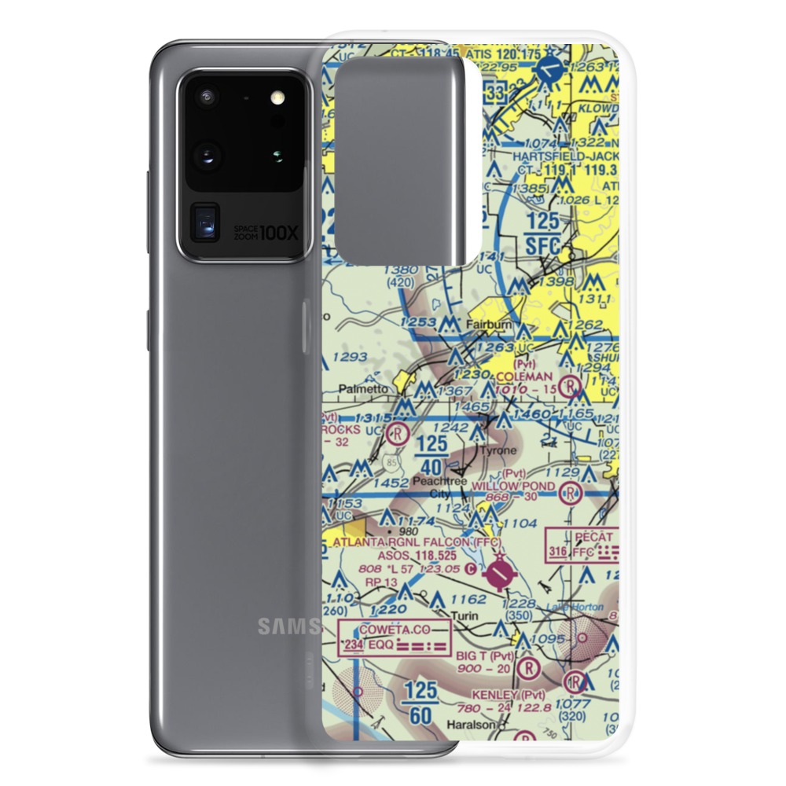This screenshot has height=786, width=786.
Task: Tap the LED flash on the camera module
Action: pyautogui.click(x=276, y=97)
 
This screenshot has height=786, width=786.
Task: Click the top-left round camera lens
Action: pyautogui.click(x=208, y=97)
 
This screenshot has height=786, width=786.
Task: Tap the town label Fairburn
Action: pyautogui.click(x=488, y=324)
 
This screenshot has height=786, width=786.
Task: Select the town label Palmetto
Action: pyautogui.click(x=365, y=388)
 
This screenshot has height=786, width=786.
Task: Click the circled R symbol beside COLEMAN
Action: pyautogui.click(x=574, y=385)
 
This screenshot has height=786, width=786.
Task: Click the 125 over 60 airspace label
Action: pyautogui.click(x=421, y=701)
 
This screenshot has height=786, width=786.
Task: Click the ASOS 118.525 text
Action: pyautogui.click(x=417, y=555)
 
